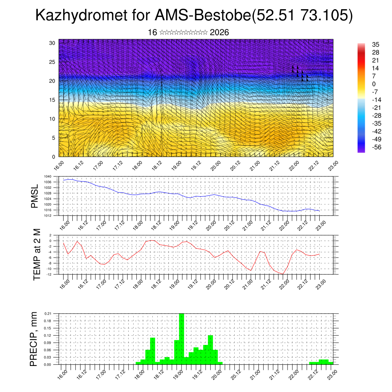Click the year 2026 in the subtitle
pos(219,33)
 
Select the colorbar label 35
pos(375,44)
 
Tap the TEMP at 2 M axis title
pos(37,254)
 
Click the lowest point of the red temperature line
pos(283,274)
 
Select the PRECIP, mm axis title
pos(34,339)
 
